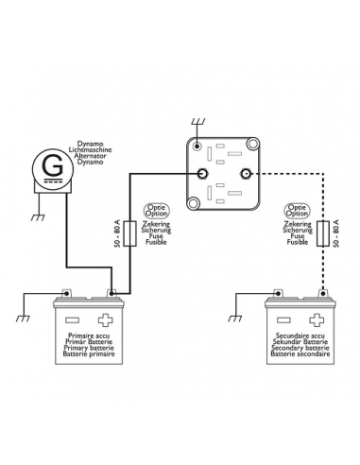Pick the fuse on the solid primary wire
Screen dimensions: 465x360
coord(131,232)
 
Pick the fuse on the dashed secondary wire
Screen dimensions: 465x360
coord(327,232)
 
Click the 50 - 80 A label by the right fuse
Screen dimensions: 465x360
coord(337,232)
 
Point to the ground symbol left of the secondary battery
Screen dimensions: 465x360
coord(233,304)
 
